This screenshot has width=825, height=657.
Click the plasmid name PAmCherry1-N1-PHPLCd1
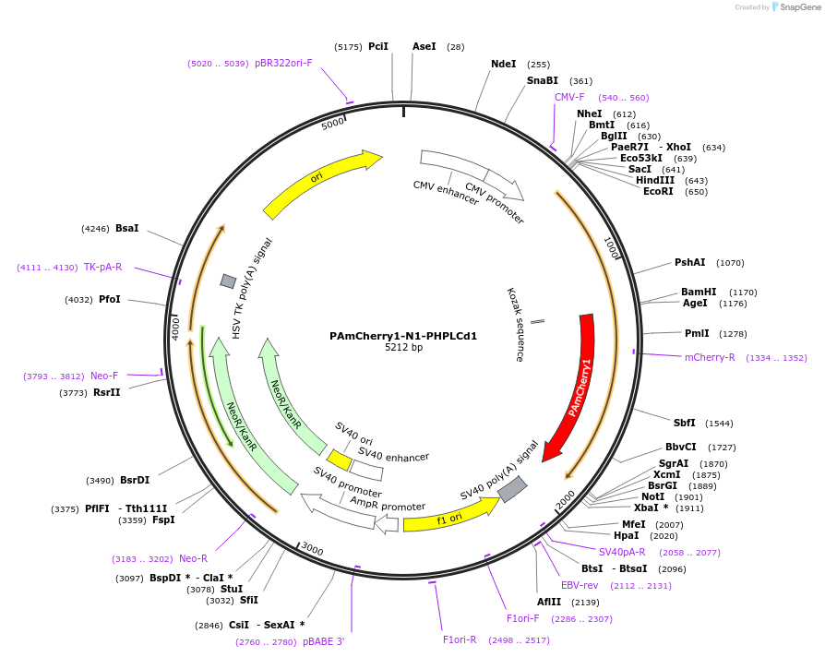click(403, 336)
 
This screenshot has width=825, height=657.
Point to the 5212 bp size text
click(403, 348)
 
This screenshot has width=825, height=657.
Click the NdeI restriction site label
click(504, 65)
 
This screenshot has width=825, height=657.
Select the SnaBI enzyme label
click(543, 81)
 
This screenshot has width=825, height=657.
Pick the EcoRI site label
click(658, 191)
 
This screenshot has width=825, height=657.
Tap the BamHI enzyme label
click(699, 292)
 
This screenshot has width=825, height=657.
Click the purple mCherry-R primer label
click(710, 357)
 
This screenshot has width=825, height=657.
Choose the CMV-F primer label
click(569, 97)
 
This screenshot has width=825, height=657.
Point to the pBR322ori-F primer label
click(283, 64)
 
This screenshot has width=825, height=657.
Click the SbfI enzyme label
click(684, 423)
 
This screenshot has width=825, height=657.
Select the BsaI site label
click(127, 228)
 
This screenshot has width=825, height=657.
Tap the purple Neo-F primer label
click(104, 376)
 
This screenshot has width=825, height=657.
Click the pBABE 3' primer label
click(323, 641)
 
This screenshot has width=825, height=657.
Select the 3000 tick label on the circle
click(312, 551)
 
